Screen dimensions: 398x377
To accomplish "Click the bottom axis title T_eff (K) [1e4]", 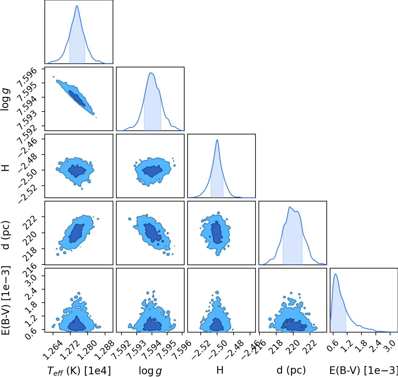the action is [x=79, y=371].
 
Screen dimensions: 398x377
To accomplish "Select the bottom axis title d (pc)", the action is [x=291, y=370].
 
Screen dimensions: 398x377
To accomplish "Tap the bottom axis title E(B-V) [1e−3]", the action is [x=364, y=370].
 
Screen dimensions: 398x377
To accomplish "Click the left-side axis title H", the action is [x=6, y=168].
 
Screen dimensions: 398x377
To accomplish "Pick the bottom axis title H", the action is [x=220, y=370].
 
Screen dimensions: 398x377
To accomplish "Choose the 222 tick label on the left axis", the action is [x=31, y=222].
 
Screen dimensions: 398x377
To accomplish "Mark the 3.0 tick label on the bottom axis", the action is [x=390, y=345].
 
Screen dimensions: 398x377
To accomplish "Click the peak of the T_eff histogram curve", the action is [x=77, y=5].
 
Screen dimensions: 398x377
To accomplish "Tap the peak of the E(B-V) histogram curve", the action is [x=336, y=274].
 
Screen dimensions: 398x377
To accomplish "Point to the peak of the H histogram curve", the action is [x=217, y=140].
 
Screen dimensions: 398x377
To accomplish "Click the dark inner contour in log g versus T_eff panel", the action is [x=77, y=98].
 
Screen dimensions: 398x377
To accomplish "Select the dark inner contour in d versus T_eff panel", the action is [x=76, y=233].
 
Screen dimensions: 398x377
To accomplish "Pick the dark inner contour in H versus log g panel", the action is [x=152, y=171].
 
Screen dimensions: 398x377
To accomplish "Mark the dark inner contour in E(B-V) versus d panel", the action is [x=294, y=325].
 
